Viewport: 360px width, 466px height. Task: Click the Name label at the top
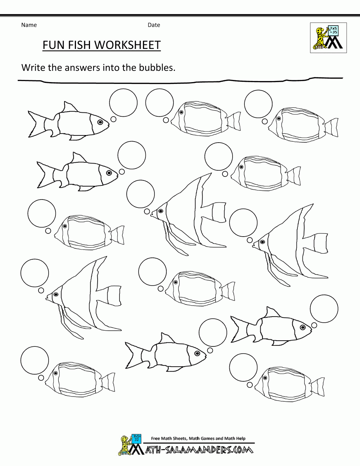[29, 25]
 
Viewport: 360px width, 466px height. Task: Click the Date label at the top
[154, 25]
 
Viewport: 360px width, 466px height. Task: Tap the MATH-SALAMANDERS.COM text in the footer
[196, 449]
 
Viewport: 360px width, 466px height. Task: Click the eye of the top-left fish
[100, 122]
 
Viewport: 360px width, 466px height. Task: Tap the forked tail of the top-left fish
[35, 124]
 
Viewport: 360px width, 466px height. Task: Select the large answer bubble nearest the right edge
[324, 309]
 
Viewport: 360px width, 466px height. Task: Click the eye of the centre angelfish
[161, 211]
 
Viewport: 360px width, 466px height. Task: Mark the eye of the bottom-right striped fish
[265, 378]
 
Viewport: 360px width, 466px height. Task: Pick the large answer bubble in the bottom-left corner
[35, 360]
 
